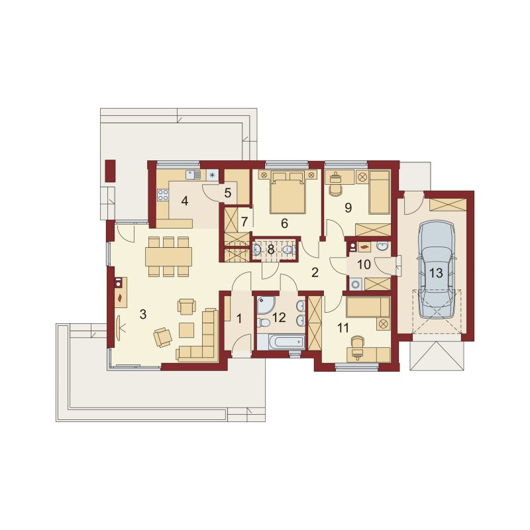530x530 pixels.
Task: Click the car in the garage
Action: pos(436,270)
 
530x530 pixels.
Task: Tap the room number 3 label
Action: pos(143,314)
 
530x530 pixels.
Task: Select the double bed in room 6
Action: pos(288,192)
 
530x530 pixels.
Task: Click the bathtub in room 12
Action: pos(281,342)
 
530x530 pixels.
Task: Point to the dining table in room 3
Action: pos(169,256)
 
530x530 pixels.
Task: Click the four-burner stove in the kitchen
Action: pos(163,194)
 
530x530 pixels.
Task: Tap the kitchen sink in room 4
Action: pos(193,175)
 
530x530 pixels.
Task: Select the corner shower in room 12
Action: pos(266,305)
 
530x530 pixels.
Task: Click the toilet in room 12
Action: pos(262,323)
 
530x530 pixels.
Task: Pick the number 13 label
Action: pos(436,273)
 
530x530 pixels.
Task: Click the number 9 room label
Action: pos(348,207)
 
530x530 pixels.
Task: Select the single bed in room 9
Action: pos(379,192)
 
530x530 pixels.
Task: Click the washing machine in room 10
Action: pos(356,284)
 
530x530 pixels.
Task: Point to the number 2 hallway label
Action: pos(315,272)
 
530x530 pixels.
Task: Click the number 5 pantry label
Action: pos(227,193)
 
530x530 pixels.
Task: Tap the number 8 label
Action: pos(271,250)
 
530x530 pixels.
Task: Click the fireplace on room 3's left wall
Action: pos(121,292)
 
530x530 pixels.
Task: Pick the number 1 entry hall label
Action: pos(239,319)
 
